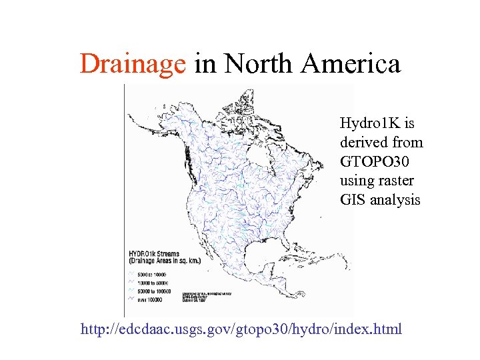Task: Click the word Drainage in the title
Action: click(x=132, y=65)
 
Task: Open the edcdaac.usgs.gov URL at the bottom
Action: click(x=241, y=329)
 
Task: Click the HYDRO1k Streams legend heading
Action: click(x=155, y=254)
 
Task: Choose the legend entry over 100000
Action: click(x=153, y=301)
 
